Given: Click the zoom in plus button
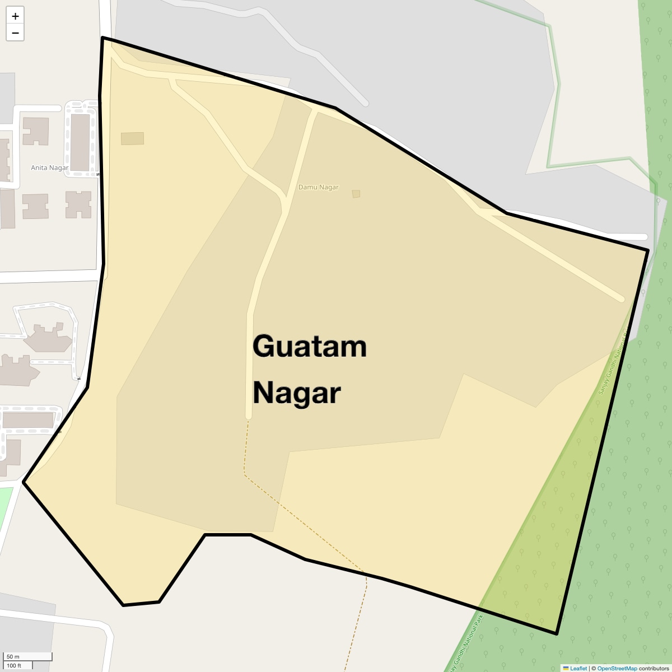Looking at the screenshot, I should pyautogui.click(x=15, y=16).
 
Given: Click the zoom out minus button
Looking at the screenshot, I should pyautogui.click(x=15, y=32).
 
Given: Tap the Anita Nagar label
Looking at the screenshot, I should pyautogui.click(x=50, y=167).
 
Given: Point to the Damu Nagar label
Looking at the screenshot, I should pyautogui.click(x=318, y=187).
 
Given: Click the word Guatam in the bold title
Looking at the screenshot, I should pyautogui.click(x=309, y=346).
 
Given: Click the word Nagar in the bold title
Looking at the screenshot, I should pyautogui.click(x=296, y=393).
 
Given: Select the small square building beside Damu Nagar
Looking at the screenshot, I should pyautogui.click(x=356, y=194).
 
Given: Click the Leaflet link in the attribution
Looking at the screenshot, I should pyautogui.click(x=578, y=668).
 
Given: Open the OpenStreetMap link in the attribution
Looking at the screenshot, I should pyautogui.click(x=617, y=668).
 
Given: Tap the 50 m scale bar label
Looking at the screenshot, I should pyautogui.click(x=13, y=656).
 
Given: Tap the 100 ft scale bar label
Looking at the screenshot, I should pyautogui.click(x=15, y=665).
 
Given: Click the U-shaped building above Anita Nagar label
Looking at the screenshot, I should pyautogui.click(x=35, y=131).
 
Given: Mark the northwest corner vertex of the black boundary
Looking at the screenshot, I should pyautogui.click(x=102, y=38).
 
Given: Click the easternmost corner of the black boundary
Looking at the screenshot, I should pyautogui.click(x=648, y=250).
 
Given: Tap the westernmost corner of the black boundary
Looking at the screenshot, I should pyautogui.click(x=24, y=482).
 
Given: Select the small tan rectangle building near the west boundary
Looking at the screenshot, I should pyautogui.click(x=132, y=138).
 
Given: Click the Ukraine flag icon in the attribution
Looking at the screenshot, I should pyautogui.click(x=566, y=668).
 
